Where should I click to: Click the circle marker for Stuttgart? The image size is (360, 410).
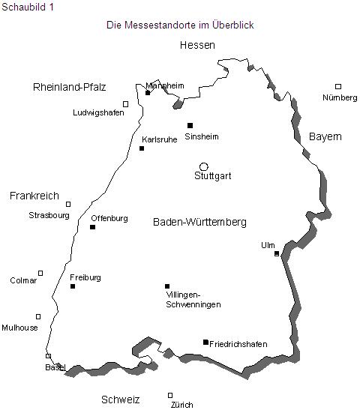coord(203,166)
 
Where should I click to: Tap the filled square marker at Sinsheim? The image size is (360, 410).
coord(190,126)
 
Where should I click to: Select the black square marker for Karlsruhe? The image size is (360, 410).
coord(142,148)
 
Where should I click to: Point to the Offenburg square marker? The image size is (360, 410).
coord(93,227)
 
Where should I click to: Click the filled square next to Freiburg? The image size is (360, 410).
coord(73,286)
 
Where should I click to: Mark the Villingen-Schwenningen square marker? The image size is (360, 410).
coord(167,286)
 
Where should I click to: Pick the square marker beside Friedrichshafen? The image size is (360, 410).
coord(205,343)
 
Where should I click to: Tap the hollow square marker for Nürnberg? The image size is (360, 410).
coord(338,87)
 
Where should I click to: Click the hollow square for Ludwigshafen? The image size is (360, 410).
coord(125,104)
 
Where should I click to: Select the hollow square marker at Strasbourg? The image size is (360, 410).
coord(68,204)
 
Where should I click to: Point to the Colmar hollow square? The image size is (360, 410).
coord(40,273)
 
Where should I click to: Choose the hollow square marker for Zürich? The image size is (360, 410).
coord(170,395)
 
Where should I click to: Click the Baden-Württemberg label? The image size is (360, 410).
coord(199,223)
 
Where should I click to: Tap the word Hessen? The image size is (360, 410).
coord(197,46)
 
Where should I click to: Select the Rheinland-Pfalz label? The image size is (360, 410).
coord(70,88)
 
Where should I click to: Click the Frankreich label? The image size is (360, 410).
coord(34,196)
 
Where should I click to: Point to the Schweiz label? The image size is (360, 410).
coord(121,400)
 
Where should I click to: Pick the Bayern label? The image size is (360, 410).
coord(325,137)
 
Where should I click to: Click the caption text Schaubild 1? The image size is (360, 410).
coord(28,7)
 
